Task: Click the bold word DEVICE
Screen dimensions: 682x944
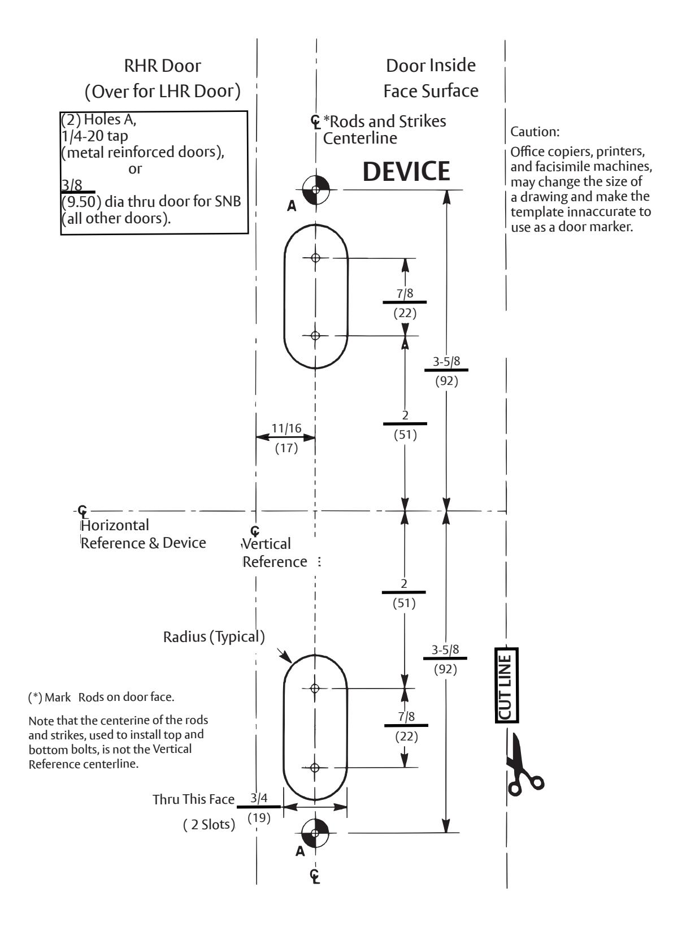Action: click(406, 171)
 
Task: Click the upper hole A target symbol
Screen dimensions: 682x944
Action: click(315, 189)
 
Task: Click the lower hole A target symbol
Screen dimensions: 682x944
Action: click(315, 833)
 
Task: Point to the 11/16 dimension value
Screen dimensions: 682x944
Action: click(286, 428)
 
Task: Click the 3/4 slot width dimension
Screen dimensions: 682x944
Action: click(259, 798)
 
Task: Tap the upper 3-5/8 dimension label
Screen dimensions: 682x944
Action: click(446, 362)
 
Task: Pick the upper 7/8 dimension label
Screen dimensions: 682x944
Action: click(405, 294)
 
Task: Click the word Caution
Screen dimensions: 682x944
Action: click(535, 132)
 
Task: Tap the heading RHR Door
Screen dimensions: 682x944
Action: click(163, 66)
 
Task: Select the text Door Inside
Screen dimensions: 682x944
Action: click(431, 66)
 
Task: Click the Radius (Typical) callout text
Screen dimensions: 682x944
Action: click(214, 637)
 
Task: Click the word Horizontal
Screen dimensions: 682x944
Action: click(115, 525)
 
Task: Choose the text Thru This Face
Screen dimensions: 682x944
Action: click(193, 799)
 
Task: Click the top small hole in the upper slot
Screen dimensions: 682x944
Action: click(315, 258)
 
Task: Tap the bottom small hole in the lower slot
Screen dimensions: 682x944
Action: click(314, 768)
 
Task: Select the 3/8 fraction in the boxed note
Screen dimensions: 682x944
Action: click(72, 185)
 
